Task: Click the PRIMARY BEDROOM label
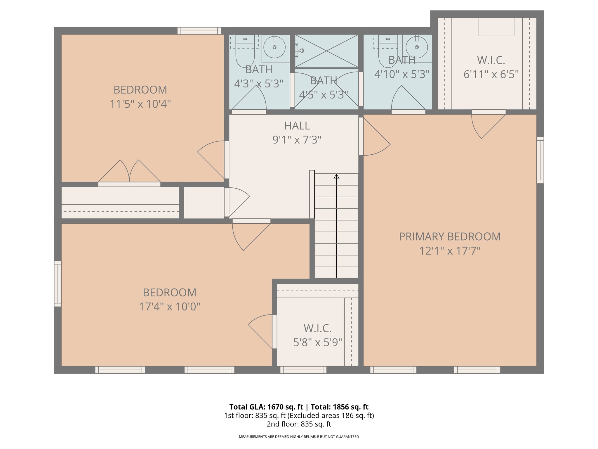pos(450,236)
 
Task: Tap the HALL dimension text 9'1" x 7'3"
pos(297,140)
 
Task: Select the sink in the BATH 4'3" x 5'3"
pos(274,47)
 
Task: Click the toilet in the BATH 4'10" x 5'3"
pos(388,51)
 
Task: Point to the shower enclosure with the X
pos(326,51)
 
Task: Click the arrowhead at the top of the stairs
pos(336,176)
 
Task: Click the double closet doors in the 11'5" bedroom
pos(129,172)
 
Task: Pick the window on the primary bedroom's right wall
pos(540,160)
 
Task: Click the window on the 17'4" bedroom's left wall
pos(58,284)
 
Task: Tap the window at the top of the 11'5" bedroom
pos(199,31)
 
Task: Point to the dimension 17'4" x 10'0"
pos(169,307)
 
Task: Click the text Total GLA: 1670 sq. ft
pos(266,407)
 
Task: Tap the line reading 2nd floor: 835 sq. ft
pos(299,424)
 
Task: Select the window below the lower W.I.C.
pos(303,370)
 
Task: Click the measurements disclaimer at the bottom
pos(299,437)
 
